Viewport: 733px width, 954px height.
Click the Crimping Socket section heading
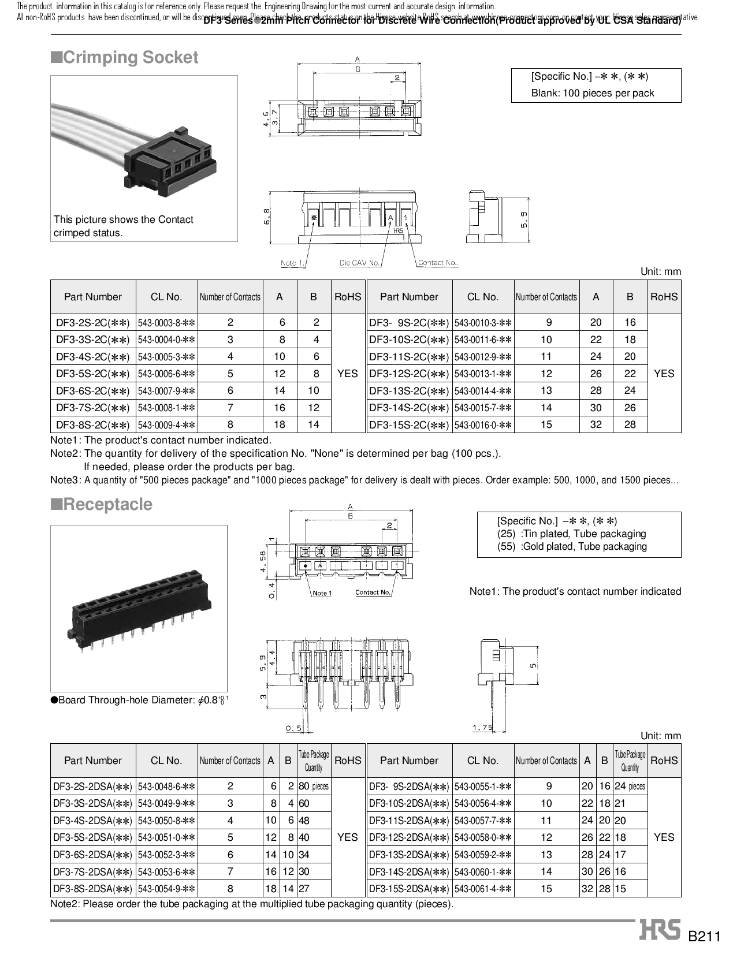click(x=125, y=57)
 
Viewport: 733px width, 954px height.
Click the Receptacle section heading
click(x=102, y=504)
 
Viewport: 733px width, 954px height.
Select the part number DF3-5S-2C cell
click(x=93, y=374)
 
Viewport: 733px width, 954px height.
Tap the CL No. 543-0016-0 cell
click(x=483, y=425)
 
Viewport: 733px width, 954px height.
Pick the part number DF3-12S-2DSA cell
click(x=409, y=837)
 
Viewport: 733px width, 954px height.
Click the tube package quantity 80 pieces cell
click(x=314, y=786)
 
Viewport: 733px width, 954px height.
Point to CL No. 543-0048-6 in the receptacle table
click(x=166, y=786)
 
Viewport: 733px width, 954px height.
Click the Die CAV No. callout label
click(x=359, y=263)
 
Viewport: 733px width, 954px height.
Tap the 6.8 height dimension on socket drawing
click(x=266, y=217)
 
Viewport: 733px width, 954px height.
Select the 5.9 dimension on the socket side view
click(x=523, y=219)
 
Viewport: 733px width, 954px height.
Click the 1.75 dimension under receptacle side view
click(x=482, y=728)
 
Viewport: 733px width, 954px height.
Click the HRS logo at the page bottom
click(x=660, y=929)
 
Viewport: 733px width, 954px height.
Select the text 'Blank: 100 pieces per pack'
click(x=593, y=93)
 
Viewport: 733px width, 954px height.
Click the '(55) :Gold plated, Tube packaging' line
click(x=572, y=546)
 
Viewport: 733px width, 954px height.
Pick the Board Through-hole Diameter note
click(x=140, y=700)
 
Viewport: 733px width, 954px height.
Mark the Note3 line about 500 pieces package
click(x=364, y=480)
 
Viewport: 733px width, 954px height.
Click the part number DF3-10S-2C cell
click(x=409, y=340)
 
